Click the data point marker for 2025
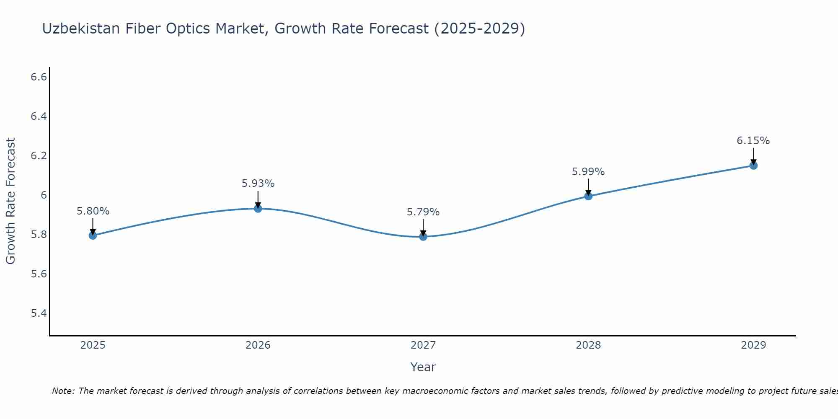[x=93, y=235]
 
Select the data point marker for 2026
[x=258, y=208]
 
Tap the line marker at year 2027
[x=423, y=237]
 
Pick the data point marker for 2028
[x=588, y=196]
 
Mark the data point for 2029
[x=753, y=166]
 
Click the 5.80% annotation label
[x=93, y=211]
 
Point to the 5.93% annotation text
[x=258, y=184]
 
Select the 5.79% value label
[x=423, y=212]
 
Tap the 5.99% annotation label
[x=588, y=172]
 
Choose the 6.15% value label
[x=753, y=141]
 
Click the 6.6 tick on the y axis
[x=39, y=77]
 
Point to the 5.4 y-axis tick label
[x=39, y=313]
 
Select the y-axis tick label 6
[x=44, y=195]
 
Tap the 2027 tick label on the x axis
[x=423, y=345]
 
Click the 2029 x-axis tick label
[x=753, y=345]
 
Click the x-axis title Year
[x=423, y=367]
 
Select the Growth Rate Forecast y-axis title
[x=10, y=201]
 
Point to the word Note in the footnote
[x=63, y=391]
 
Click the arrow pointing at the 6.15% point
[x=753, y=157]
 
